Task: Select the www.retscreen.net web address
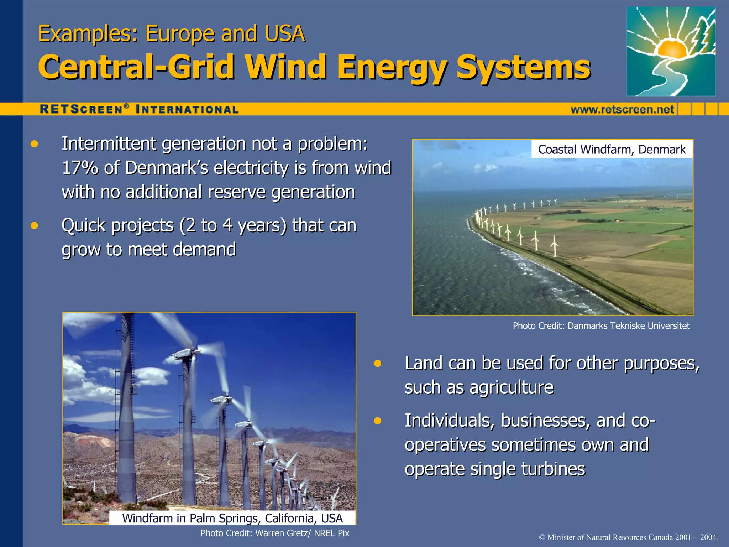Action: (622, 109)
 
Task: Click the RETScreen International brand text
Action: (139, 109)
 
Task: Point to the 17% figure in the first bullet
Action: (80, 168)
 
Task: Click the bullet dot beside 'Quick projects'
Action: (34, 226)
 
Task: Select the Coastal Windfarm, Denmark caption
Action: (612, 149)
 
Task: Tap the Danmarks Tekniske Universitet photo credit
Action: (601, 326)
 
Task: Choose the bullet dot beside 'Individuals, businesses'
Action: (378, 421)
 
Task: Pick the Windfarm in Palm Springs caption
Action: (232, 518)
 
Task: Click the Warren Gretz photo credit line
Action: (275, 533)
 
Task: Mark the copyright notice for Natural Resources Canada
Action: (628, 537)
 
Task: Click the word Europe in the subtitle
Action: (180, 34)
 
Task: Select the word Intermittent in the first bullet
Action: (109, 144)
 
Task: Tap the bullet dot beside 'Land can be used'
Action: (378, 364)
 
